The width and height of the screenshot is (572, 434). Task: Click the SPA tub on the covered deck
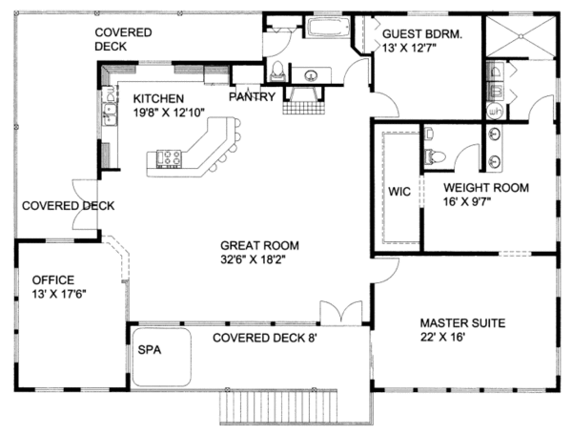point(162,358)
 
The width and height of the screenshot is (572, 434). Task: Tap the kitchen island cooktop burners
point(170,159)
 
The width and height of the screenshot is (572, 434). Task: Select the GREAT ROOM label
point(259,245)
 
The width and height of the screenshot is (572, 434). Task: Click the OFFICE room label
point(53,280)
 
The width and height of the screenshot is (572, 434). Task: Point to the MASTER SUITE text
point(462,323)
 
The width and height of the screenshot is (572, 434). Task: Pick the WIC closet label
point(399,192)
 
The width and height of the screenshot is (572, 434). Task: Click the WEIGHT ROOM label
point(486,188)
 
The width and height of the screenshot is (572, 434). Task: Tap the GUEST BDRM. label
point(422,34)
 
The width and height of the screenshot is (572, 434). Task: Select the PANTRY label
point(252,96)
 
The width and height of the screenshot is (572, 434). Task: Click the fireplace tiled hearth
point(303,108)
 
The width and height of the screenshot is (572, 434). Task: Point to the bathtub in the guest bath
point(328,28)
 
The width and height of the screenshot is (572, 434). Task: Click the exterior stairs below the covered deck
point(278,406)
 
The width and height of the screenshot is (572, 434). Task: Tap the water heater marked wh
point(495,111)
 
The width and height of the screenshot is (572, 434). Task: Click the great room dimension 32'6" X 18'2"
point(253,259)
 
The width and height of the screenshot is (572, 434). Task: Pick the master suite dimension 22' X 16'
point(442,337)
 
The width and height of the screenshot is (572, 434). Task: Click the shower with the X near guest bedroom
point(521,36)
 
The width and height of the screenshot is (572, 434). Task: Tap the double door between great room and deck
point(341,313)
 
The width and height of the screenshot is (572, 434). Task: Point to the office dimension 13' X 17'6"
point(59,294)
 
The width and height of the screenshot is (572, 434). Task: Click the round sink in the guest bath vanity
point(311,76)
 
